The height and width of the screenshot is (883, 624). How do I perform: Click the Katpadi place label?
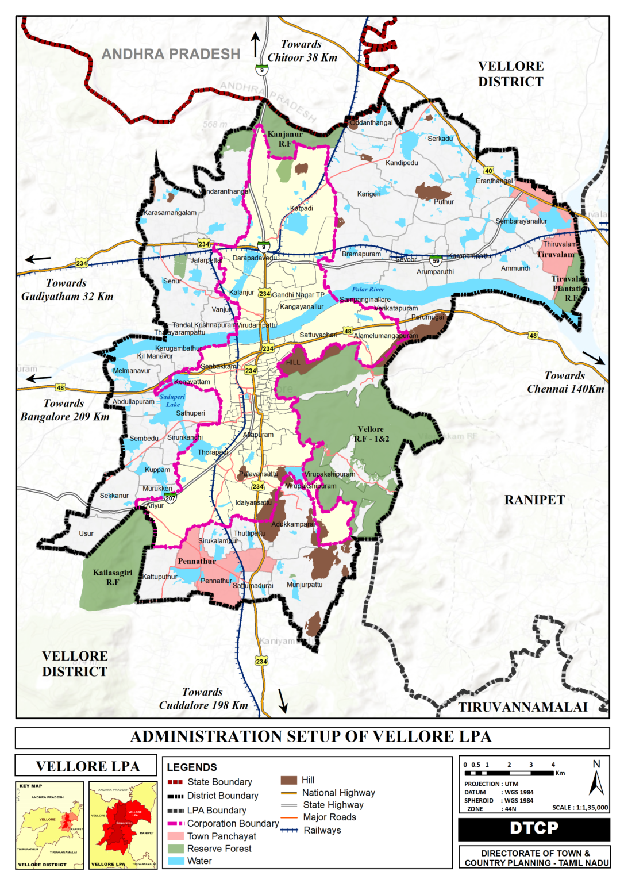[302, 208]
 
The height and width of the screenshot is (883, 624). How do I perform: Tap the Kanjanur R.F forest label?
[285, 139]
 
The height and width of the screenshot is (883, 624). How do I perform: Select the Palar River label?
[368, 289]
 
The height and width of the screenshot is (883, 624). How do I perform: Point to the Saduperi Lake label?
[172, 401]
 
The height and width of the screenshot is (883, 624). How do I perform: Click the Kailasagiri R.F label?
[113, 577]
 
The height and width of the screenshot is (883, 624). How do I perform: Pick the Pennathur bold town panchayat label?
[197, 561]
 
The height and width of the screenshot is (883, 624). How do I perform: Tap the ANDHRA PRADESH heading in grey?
[171, 54]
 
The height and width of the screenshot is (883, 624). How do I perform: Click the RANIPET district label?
[534, 500]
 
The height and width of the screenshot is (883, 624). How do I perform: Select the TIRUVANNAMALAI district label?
[522, 707]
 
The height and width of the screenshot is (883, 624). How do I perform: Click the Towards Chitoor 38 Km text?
[302, 51]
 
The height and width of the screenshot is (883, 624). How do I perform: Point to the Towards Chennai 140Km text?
[565, 382]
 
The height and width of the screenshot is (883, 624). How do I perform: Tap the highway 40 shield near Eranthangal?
[488, 171]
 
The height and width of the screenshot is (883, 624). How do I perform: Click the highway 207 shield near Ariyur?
[171, 498]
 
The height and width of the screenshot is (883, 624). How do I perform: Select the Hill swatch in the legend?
[288, 780]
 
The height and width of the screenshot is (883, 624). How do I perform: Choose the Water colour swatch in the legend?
[176, 861]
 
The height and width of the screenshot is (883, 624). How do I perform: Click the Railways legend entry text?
[322, 830]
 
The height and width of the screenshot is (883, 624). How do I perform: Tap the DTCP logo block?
[534, 828]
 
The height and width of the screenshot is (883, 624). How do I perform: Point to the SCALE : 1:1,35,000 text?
[580, 807]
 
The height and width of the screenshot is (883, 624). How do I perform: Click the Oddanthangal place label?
[371, 122]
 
